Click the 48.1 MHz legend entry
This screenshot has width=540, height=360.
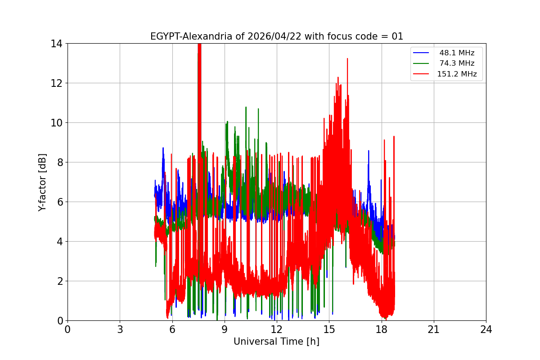(x=457, y=53)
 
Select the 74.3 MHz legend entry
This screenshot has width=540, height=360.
(x=457, y=63)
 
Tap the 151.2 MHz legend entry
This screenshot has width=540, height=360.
(x=457, y=74)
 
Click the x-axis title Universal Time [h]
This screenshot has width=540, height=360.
(x=276, y=342)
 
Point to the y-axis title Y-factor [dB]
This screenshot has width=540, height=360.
(x=43, y=182)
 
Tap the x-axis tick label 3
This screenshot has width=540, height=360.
(x=120, y=329)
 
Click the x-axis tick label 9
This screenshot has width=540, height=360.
(x=225, y=329)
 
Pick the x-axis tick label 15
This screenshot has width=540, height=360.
(x=329, y=329)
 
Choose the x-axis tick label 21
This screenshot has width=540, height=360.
(x=434, y=329)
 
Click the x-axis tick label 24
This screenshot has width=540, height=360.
(x=486, y=329)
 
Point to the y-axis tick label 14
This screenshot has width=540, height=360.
(x=57, y=44)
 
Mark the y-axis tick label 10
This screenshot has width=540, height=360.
(x=57, y=123)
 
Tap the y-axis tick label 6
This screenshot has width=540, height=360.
(x=59, y=202)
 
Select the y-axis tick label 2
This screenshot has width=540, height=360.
(x=59, y=281)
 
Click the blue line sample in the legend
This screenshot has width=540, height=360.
(x=423, y=53)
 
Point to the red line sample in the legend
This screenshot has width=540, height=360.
(x=423, y=74)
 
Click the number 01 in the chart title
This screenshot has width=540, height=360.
(x=397, y=36)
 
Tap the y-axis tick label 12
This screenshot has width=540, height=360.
(x=57, y=83)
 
